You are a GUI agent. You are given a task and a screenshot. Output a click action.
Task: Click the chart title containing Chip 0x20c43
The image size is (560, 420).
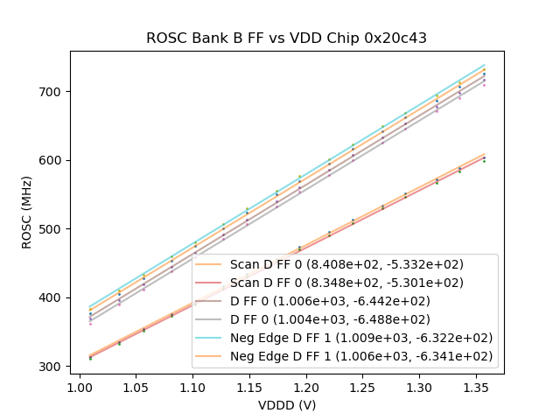287,38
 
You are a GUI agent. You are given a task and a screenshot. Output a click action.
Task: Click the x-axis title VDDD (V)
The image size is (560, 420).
287,404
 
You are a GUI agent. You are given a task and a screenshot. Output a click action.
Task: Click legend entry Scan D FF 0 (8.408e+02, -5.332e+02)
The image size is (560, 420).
346,263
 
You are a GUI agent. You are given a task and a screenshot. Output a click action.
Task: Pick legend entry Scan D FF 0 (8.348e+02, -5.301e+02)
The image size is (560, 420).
346,282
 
